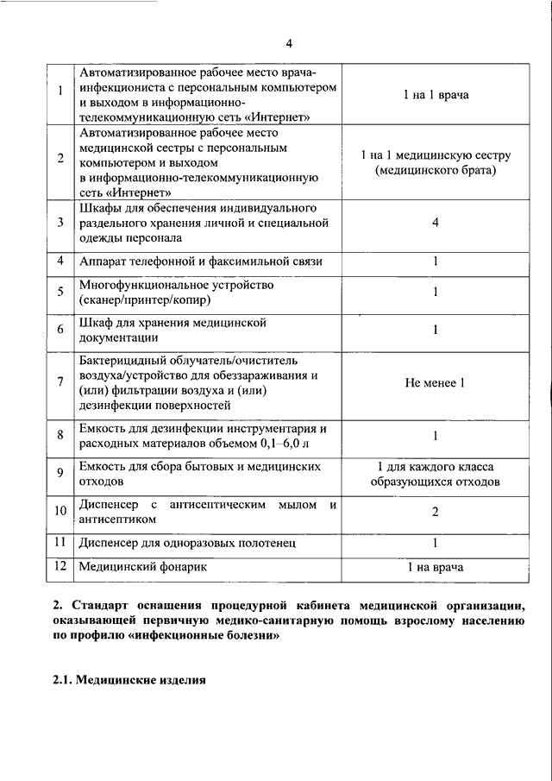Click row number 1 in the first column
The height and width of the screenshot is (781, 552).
point(60,94)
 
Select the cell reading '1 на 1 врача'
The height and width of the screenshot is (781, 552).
point(436,94)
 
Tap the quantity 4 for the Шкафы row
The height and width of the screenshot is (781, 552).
point(436,223)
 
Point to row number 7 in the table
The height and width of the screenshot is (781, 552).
point(60,382)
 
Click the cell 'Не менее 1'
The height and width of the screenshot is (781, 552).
point(436,382)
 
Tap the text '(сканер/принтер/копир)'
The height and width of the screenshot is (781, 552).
point(144,300)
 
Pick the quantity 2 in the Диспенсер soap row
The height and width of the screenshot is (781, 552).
point(436,512)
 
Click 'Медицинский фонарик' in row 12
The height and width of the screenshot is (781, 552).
point(142,567)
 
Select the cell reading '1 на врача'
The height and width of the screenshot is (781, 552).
point(436,567)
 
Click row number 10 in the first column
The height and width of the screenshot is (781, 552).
point(60,511)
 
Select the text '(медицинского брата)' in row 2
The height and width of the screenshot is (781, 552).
point(436,171)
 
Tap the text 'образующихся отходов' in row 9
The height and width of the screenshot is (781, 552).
point(436,482)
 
